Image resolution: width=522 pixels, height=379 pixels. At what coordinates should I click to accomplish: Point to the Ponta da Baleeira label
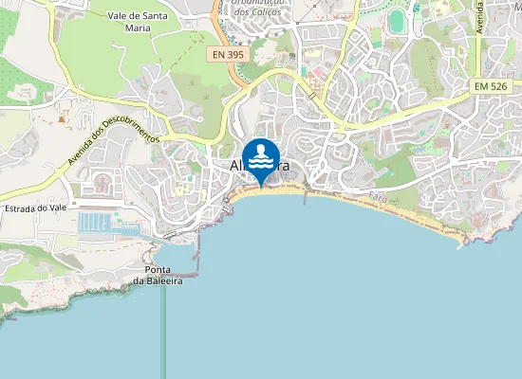(158, 275)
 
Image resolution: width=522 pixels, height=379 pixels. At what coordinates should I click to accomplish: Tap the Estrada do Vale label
(33, 208)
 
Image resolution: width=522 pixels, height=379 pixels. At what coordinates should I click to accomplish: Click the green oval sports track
(398, 22)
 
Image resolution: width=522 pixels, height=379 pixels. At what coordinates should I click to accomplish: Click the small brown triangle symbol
(62, 118)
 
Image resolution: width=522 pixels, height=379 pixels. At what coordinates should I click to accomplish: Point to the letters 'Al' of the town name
(236, 166)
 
